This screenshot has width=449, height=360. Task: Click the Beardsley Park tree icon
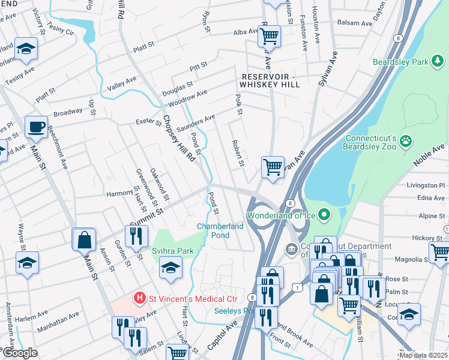pos(439,61)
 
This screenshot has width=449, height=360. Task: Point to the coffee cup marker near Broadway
pos(37,127)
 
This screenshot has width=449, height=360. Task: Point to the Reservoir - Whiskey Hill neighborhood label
pos(271,80)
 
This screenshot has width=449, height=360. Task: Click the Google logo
pos(19,353)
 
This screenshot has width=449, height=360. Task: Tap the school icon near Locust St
pos(409,314)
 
